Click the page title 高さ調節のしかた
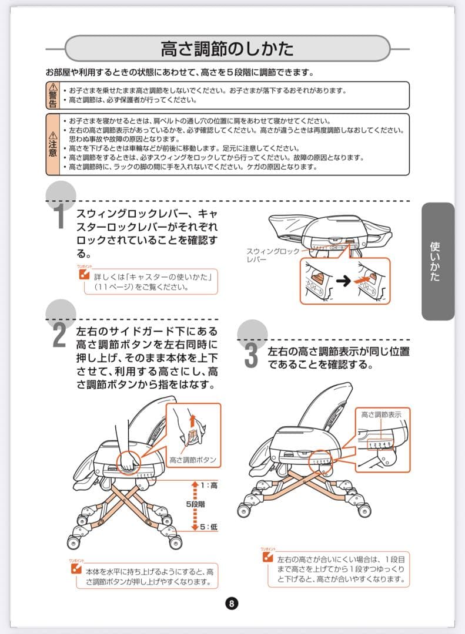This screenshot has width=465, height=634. pyautogui.click(x=227, y=48)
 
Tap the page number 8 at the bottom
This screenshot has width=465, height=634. pyautogui.click(x=232, y=603)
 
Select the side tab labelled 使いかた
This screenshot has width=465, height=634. pyautogui.click(x=436, y=261)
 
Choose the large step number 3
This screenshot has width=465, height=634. pyautogui.click(x=252, y=356)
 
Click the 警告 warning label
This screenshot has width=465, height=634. pyautogui.click(x=53, y=96)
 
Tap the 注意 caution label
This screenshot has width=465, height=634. pyautogui.click(x=53, y=144)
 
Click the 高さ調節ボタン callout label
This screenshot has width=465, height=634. pyautogui.click(x=193, y=459)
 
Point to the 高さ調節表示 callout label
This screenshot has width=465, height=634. pyautogui.click(x=381, y=414)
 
